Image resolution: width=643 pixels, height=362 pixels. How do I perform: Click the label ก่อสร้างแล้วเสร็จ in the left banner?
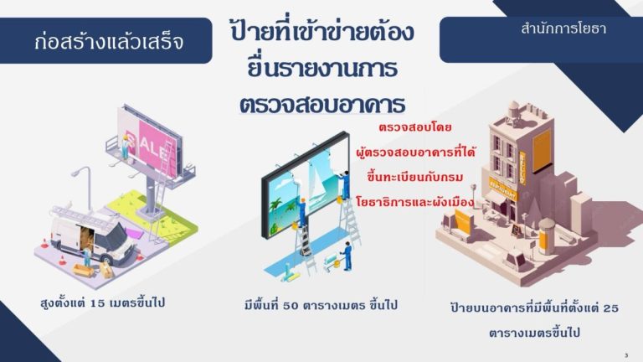pos(109,41)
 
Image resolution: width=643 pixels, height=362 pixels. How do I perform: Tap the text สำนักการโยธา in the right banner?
pos(563,28)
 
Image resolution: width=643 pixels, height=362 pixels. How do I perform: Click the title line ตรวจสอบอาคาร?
pos(322,105)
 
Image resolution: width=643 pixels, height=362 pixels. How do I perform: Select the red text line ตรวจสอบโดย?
pos(414,127)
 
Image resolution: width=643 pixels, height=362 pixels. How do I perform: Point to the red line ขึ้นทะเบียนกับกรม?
pos(415,177)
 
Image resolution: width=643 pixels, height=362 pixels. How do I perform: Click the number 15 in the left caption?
pos(98,303)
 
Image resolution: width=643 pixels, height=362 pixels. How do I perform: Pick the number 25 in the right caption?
pos(610,308)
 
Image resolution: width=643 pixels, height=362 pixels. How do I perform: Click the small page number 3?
pos(626,355)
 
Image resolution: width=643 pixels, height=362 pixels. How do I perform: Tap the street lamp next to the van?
pos(84,188)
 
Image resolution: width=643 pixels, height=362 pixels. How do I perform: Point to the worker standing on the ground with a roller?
pos(347,256)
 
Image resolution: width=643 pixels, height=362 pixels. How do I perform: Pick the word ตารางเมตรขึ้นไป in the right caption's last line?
pos(534,333)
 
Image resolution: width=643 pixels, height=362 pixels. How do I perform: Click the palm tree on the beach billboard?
pos(276,205)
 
